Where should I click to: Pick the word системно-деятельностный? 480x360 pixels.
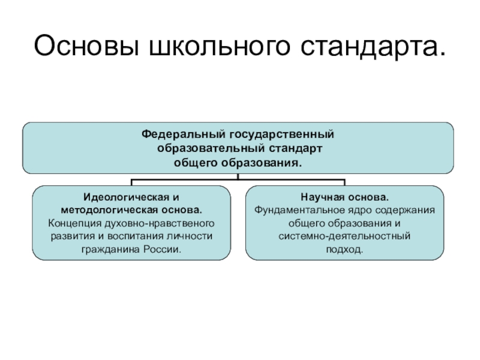344,236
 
